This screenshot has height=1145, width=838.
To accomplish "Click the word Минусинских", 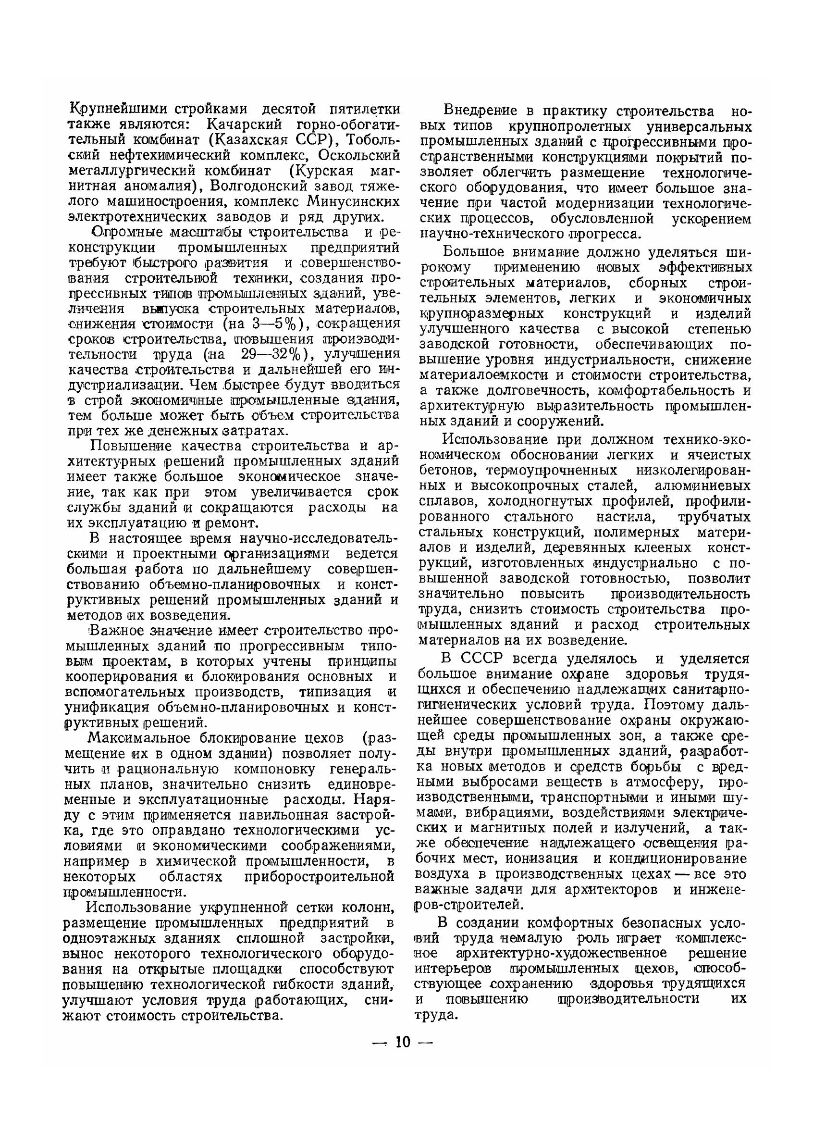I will (354, 201).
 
